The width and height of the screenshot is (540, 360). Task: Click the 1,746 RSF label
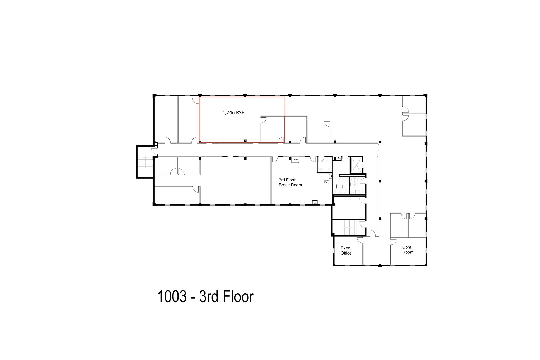click(233, 113)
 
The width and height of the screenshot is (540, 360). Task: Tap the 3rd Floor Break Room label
click(290, 183)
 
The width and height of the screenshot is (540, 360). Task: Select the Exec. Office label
click(346, 251)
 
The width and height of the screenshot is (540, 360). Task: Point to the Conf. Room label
click(408, 250)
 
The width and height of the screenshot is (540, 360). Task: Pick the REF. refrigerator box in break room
click(315, 203)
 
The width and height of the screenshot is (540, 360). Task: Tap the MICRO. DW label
click(326, 181)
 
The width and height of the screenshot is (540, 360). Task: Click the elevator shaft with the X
click(356, 165)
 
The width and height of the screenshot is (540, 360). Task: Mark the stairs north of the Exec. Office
click(349, 227)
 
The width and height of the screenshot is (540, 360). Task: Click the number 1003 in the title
click(172, 296)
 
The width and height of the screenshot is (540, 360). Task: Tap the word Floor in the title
click(238, 296)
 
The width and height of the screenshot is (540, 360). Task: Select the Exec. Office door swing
click(360, 240)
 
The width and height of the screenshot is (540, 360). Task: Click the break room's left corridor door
click(274, 159)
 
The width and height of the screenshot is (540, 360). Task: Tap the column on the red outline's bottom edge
click(245, 140)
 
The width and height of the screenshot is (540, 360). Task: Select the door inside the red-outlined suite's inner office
click(263, 120)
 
